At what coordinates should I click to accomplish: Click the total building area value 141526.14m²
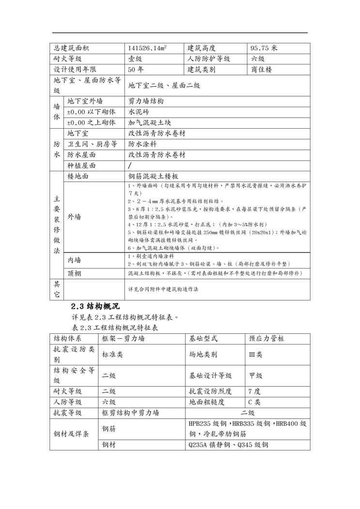[147, 48]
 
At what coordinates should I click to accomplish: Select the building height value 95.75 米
[264, 48]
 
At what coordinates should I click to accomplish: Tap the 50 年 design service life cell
[136, 70]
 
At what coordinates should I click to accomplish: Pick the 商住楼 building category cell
[262, 70]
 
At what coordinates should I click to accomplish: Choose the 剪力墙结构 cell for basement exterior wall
[146, 102]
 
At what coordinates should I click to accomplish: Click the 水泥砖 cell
[138, 112]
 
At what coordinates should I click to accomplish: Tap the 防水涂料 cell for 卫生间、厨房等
[142, 144]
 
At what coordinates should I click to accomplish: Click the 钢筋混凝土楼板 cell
[153, 177]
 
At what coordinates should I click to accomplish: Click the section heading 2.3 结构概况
[95, 307]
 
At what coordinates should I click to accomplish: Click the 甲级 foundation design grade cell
[255, 375]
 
